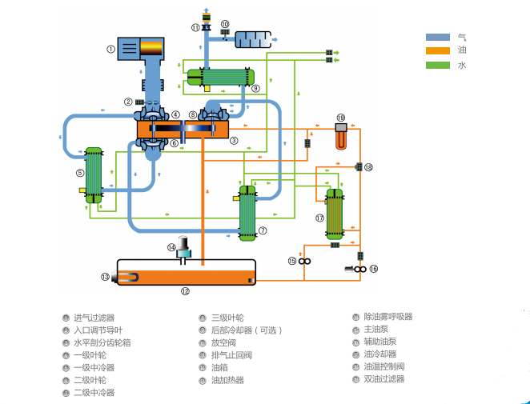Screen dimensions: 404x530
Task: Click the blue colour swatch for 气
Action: point(437,37)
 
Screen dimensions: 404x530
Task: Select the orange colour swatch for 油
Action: point(437,50)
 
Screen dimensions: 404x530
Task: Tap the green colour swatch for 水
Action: point(437,64)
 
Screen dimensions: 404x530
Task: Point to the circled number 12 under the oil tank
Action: point(185,291)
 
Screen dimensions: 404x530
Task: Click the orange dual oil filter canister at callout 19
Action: point(341,137)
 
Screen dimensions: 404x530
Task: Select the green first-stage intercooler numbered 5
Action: point(94,174)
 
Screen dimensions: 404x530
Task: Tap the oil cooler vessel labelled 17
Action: point(334,214)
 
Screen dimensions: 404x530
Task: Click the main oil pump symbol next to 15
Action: point(305,261)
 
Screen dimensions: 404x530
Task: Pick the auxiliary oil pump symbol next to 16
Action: point(359,270)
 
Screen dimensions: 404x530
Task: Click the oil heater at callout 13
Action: point(128,277)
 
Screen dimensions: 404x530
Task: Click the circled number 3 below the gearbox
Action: point(234,140)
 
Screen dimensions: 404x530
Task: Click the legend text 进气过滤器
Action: point(94,317)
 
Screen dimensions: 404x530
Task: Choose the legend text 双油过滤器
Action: point(383,379)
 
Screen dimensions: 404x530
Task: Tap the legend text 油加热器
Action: point(227,380)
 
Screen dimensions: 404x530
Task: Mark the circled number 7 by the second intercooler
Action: point(263,230)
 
